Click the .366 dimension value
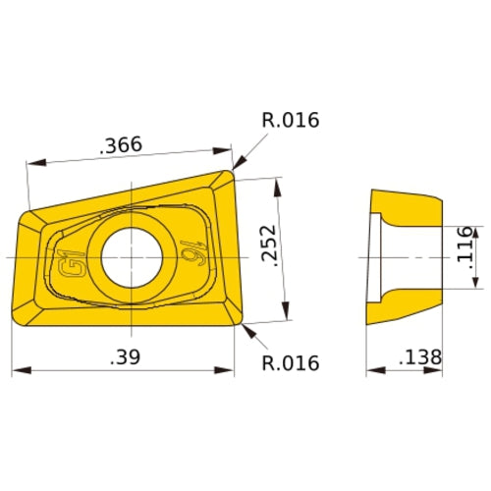click(121, 145)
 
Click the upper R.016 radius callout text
click(291, 121)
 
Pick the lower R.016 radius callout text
click(291, 363)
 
